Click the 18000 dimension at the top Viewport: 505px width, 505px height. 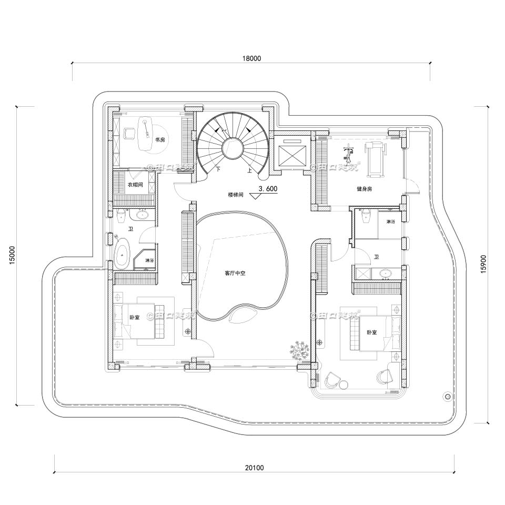coord(252,58)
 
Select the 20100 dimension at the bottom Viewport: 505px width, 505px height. coord(255,467)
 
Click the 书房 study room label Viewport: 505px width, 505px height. coord(160,140)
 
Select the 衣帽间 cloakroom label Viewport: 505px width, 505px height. coord(135,185)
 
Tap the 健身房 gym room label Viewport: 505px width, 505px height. coord(363,188)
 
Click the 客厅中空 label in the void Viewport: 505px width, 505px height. coord(236,273)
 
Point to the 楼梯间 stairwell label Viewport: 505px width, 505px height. coord(236,195)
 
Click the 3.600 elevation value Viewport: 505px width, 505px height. coord(268,188)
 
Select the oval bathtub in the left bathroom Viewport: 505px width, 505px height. coord(123,255)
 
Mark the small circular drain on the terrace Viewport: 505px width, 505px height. coord(448,396)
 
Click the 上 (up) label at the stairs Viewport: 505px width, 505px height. coord(248,170)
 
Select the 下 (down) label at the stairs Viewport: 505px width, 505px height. coord(217,169)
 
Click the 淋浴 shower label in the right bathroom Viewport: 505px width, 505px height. coord(390,222)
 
